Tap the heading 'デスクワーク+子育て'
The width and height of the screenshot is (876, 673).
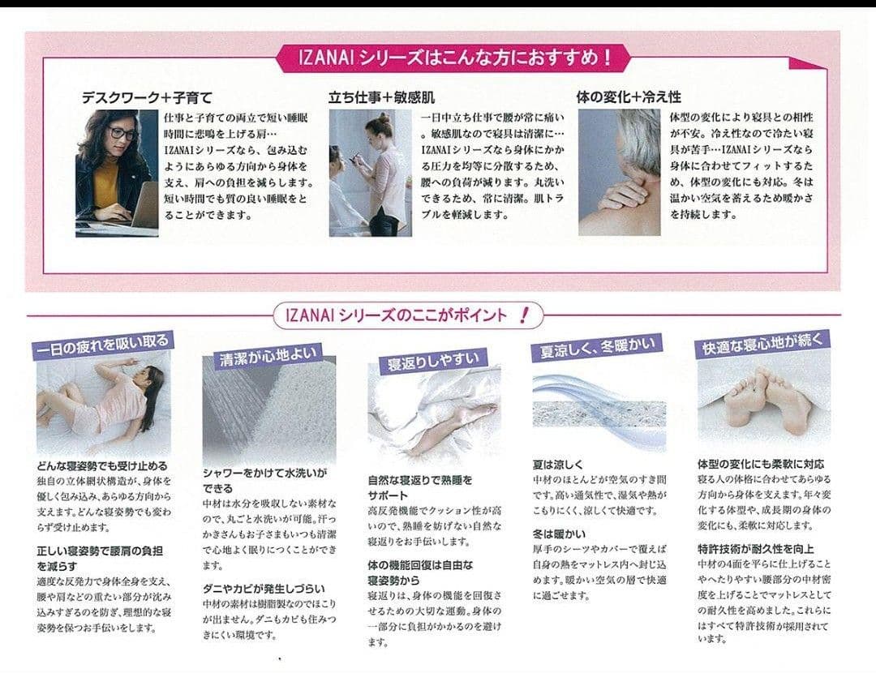[x=146, y=97]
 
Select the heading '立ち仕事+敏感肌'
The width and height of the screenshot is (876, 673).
[x=381, y=97]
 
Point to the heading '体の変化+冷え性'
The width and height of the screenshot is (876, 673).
[x=629, y=97]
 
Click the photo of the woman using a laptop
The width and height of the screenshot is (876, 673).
[x=117, y=172]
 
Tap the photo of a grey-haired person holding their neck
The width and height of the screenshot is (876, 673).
[x=619, y=172]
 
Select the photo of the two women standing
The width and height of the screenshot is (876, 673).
[x=370, y=174]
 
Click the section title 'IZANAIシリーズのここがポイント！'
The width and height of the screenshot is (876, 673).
[x=401, y=315]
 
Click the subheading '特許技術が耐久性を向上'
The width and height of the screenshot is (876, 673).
[x=756, y=549]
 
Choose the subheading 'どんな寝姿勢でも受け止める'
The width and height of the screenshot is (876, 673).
[x=102, y=466]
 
